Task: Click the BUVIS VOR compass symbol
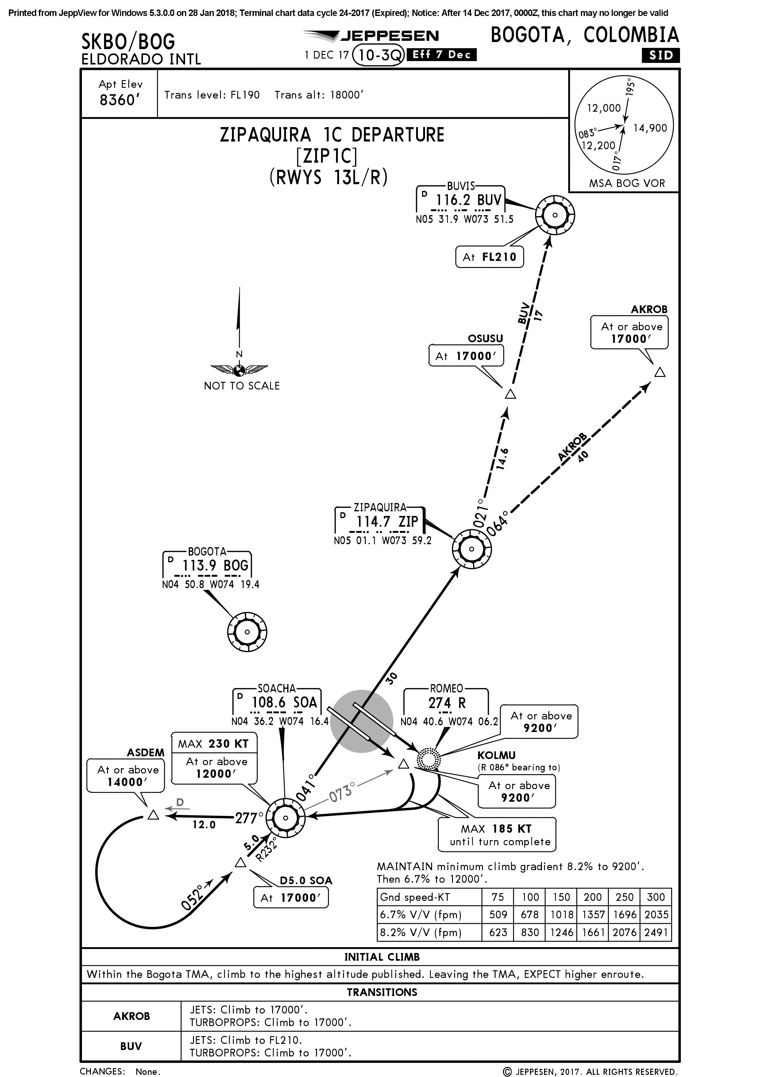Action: coord(555,215)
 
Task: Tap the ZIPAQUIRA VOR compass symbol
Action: coord(472,549)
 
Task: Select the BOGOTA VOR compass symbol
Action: coord(247,632)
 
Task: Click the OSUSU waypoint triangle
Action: coord(511,394)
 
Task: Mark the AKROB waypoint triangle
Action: coord(660,372)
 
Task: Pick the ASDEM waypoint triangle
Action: coord(153,815)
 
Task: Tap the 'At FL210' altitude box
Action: coord(489,257)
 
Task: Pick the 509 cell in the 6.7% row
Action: coord(498,915)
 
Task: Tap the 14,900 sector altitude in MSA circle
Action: coord(650,128)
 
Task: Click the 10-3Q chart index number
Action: coord(378,55)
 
